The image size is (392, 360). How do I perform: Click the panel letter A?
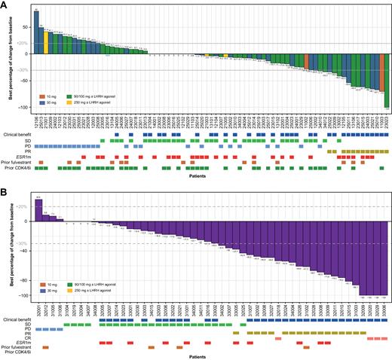pos(4,4)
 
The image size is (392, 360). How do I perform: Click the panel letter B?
pos(4,188)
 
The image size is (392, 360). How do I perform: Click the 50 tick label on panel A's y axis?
pos(26,26)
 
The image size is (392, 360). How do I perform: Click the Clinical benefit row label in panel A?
pos(17,135)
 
